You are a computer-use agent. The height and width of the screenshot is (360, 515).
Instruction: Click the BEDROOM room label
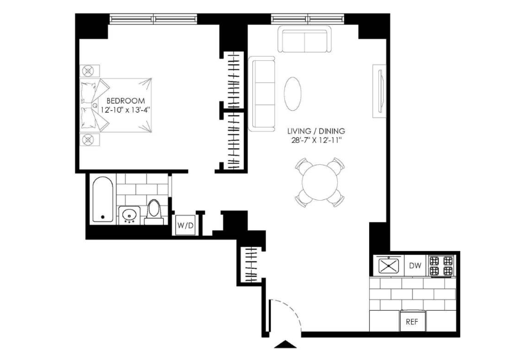[x=126, y=101]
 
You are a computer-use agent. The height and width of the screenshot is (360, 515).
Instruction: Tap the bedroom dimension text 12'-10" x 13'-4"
[x=126, y=110]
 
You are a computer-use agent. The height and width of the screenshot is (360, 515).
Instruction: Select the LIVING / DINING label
[x=316, y=131]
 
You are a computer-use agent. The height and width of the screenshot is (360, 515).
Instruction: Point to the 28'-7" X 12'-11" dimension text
[x=316, y=140]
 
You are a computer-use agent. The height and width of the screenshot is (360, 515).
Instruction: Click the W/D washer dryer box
[x=186, y=225]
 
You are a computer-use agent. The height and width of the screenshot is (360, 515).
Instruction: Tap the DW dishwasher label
[x=415, y=265]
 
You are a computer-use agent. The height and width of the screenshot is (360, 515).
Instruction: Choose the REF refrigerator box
[x=412, y=322]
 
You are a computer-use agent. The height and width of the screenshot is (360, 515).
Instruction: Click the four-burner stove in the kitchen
[x=441, y=265]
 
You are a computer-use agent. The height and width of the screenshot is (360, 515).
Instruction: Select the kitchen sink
[x=389, y=265]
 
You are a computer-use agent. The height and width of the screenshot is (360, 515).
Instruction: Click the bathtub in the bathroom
[x=103, y=199]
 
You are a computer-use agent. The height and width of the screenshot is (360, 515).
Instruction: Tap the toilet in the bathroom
[x=154, y=212]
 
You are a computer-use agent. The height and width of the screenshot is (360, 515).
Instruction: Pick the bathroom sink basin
[x=129, y=216]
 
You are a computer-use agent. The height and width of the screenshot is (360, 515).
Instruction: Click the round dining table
[x=319, y=182]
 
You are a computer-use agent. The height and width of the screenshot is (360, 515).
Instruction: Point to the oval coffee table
[x=292, y=94]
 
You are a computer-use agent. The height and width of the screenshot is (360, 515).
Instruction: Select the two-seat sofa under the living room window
[x=305, y=39]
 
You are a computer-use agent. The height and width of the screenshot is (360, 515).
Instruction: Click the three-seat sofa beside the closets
[x=261, y=94]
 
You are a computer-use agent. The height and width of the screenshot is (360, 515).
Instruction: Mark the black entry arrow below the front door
[x=285, y=344]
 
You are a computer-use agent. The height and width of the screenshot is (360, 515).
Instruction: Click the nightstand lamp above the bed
[x=88, y=71]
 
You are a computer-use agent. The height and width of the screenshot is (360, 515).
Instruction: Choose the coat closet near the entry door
[x=251, y=265]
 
